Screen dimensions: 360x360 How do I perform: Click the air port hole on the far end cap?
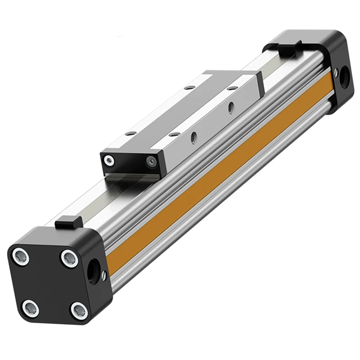pos(344,73)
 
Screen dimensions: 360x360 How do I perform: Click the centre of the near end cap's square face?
pos(50,283)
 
